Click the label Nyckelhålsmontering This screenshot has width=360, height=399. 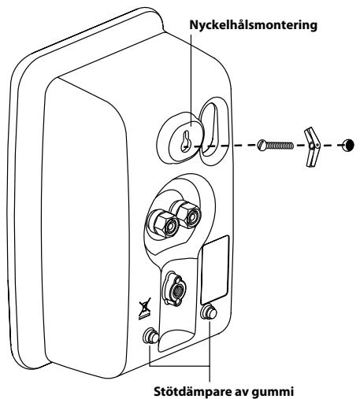point(254,26)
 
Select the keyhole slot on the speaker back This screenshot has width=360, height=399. point(185,141)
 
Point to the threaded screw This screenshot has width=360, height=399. point(276,145)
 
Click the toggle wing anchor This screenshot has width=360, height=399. point(312,147)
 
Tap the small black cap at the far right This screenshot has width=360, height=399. point(348,145)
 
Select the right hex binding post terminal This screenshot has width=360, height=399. point(186,213)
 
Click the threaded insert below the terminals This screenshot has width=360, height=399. point(174,289)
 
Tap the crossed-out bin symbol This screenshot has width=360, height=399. point(145,308)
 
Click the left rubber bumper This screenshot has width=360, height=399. point(150,336)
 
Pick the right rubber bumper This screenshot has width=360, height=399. point(209,312)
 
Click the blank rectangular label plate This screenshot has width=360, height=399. point(215,270)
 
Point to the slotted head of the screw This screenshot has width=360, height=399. point(262,145)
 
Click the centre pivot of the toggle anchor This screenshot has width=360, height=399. point(311,146)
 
